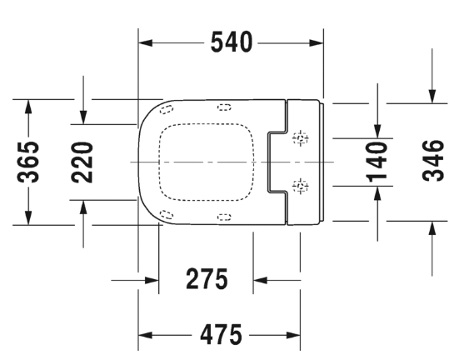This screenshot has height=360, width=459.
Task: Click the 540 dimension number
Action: coord(230,42)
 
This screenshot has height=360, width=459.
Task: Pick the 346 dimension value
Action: coord(432,162)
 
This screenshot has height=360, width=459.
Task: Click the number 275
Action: coord(206,280)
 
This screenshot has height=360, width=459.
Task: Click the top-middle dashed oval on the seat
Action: coord(224,106)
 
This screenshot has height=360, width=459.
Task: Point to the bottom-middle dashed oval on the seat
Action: coord(224,217)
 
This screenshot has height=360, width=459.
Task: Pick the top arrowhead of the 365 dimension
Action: coord(29,105)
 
